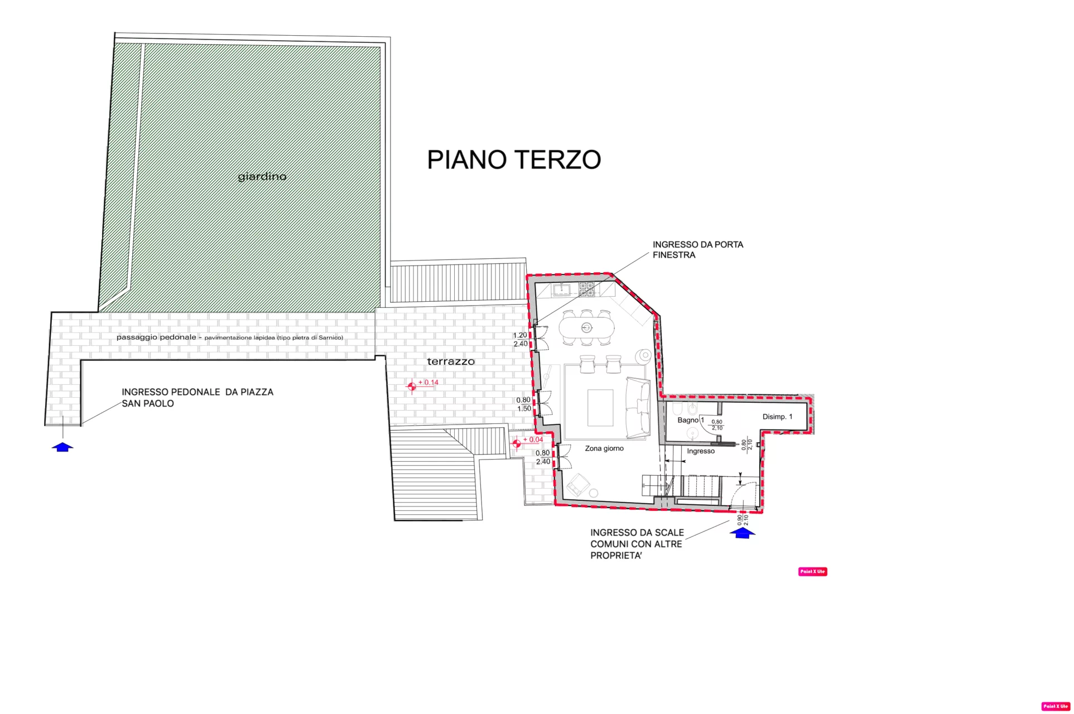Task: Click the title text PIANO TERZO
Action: [x=514, y=160]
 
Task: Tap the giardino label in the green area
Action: [x=262, y=177]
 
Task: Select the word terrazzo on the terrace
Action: [x=451, y=361]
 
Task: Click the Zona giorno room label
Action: [x=604, y=448]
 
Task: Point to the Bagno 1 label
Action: [x=691, y=420]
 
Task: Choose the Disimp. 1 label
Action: [x=777, y=417]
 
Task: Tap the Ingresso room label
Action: [x=701, y=451]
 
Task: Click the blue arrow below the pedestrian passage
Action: [x=62, y=447]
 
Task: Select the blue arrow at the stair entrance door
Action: [x=743, y=533]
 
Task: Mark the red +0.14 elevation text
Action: [x=428, y=383]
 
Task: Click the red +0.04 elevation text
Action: [x=533, y=440]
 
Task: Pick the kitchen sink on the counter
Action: [x=562, y=290]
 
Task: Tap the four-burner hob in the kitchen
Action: [x=586, y=290]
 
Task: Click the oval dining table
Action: [x=587, y=327]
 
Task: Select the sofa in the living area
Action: [x=638, y=408]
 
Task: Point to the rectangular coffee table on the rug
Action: [x=600, y=408]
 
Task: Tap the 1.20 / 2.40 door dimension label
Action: [x=520, y=340]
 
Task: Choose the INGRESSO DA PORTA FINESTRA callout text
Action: [x=698, y=250]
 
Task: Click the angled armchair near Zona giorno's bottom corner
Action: [x=579, y=485]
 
